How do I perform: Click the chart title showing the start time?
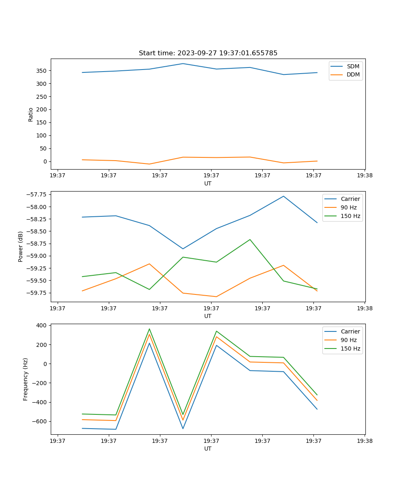[208, 53]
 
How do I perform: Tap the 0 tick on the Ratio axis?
[45, 161]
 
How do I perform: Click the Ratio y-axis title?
[31, 114]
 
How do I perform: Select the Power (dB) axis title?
[21, 246]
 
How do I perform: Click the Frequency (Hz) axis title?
[26, 379]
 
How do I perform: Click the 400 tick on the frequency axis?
[42, 326]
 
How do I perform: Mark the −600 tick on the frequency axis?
[39, 422]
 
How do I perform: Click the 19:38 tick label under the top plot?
[364, 176]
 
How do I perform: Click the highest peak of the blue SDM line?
[183, 63]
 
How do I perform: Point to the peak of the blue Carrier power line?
[283, 196]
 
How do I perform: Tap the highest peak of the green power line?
[250, 240]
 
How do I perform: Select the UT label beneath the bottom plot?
[208, 449]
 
